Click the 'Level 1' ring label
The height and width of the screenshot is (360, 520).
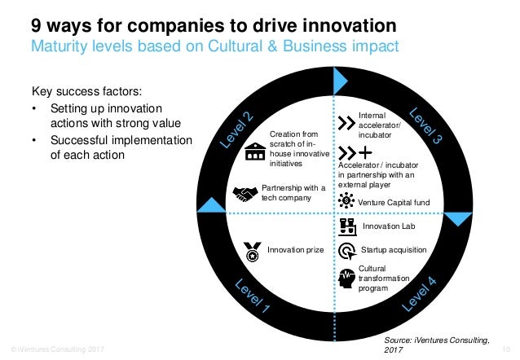click(253, 298)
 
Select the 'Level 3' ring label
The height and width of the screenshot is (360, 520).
click(425, 126)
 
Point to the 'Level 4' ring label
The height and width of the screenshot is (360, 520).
click(420, 294)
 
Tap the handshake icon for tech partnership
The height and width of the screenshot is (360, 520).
click(245, 194)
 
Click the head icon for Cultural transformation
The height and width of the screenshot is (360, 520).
click(346, 278)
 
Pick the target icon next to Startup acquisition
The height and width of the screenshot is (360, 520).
click(346, 250)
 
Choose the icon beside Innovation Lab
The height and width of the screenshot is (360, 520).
click(347, 225)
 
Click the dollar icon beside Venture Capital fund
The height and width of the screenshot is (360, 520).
click(346, 201)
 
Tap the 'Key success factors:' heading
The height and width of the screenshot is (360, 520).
click(85, 92)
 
